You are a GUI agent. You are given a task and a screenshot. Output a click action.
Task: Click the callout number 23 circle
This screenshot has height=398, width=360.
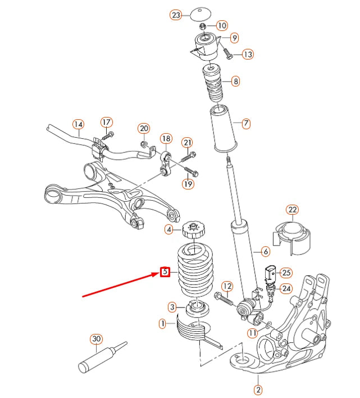pyautogui.click(x=176, y=16)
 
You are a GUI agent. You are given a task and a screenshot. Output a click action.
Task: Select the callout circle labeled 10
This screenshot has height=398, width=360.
pyautogui.click(x=221, y=25)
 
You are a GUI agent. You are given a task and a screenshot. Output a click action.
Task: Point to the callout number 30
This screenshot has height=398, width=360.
pyautogui.click(x=96, y=339)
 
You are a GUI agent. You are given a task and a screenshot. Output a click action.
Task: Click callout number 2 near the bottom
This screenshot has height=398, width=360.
pyautogui.click(x=258, y=389)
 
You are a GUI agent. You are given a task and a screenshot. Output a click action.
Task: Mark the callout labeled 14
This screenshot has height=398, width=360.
pyautogui.click(x=78, y=124)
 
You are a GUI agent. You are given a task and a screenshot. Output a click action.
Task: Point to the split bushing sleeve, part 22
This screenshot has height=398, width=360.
pyautogui.click(x=293, y=238)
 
